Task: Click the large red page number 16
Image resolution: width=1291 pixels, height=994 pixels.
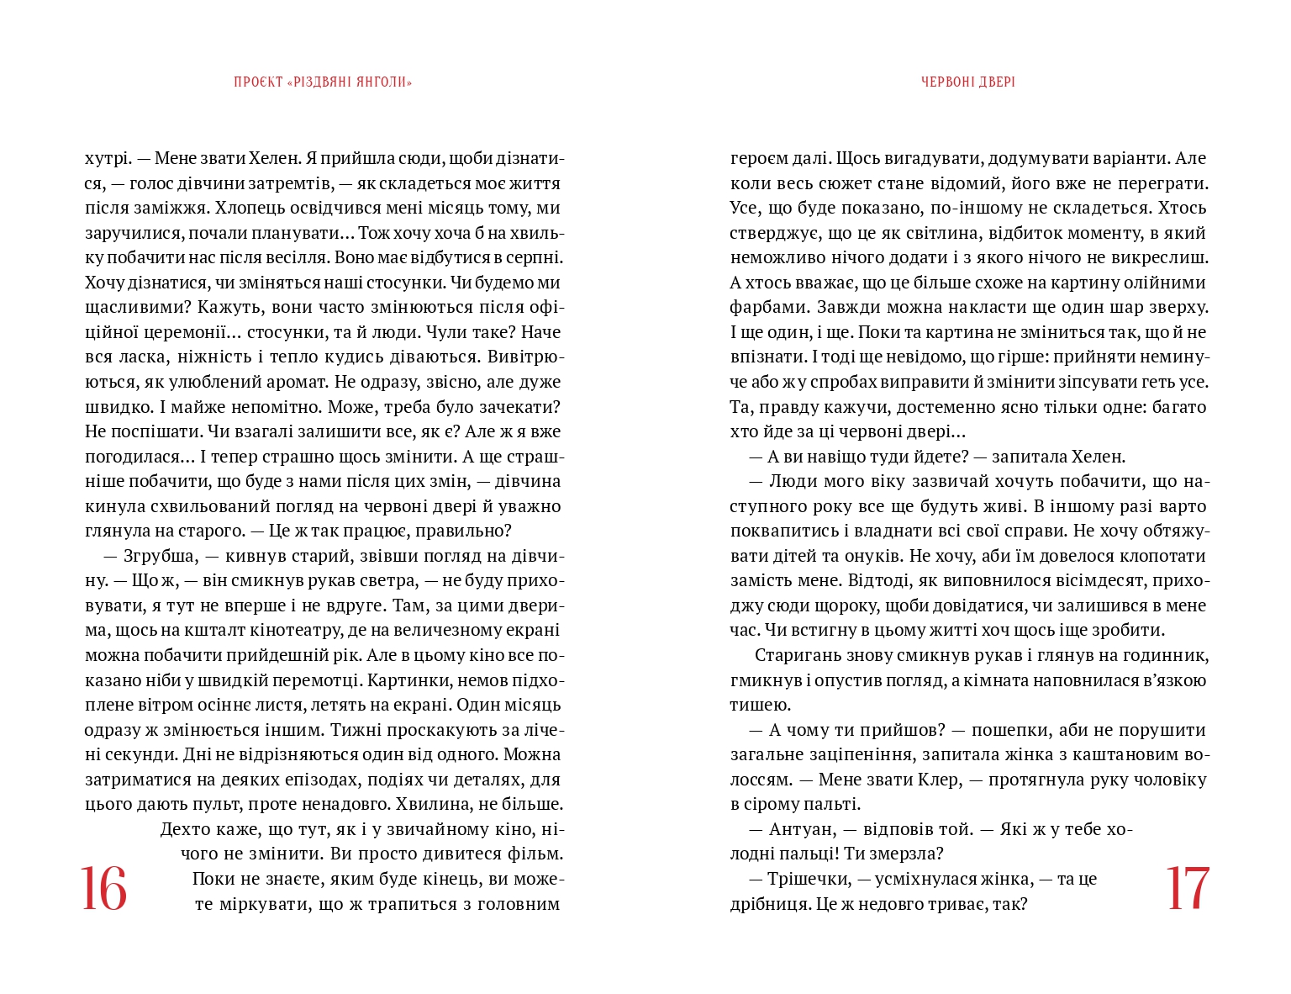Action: tap(104, 888)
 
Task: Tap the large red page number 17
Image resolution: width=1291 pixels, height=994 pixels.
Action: tap(1187, 888)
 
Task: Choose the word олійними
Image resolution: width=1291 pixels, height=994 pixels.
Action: tap(1169, 283)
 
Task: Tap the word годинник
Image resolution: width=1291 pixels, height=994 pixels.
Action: tap(1170, 655)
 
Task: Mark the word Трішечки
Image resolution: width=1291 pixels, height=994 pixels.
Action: tap(809, 879)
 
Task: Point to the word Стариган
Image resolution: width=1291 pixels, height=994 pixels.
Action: tap(792, 655)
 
